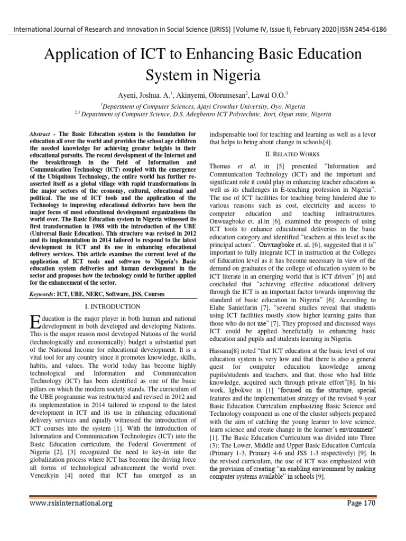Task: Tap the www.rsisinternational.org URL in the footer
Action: (x=71, y=503)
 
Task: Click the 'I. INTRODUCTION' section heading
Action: (x=113, y=306)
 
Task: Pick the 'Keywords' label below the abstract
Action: (x=41, y=294)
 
